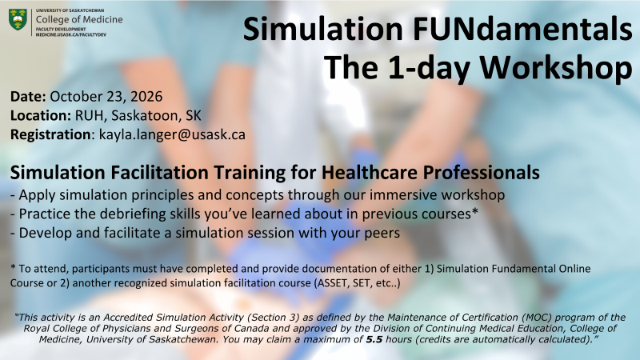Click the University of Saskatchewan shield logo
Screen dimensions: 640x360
[x=18, y=20]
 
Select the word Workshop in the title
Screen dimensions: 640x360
[x=555, y=67]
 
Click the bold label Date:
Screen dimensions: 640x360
[x=28, y=97]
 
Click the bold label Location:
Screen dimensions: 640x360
[x=41, y=115]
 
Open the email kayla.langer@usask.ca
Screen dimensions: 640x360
[x=172, y=134]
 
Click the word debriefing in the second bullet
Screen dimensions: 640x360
[x=138, y=214]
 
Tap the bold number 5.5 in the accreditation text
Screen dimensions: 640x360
[x=374, y=339]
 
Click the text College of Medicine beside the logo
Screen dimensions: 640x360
[x=79, y=19]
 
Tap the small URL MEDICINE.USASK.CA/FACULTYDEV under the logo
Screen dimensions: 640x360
[x=70, y=34]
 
